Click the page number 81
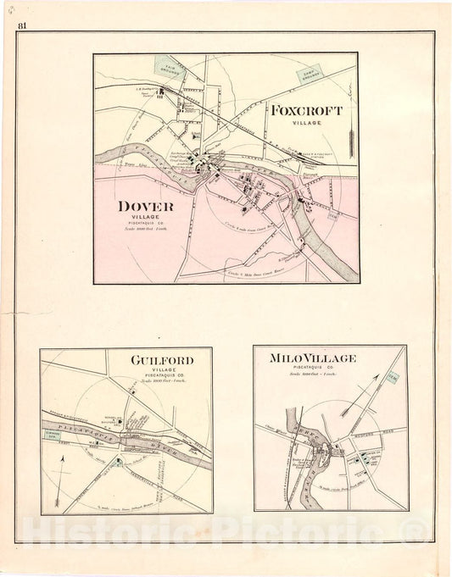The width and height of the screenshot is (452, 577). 22,24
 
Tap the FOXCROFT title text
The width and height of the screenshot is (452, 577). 308,111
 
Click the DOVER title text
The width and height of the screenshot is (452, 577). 147,206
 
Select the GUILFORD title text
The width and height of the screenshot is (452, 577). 162,360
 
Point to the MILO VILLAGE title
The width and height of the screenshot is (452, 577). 313,358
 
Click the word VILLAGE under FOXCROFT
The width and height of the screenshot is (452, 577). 308,124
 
